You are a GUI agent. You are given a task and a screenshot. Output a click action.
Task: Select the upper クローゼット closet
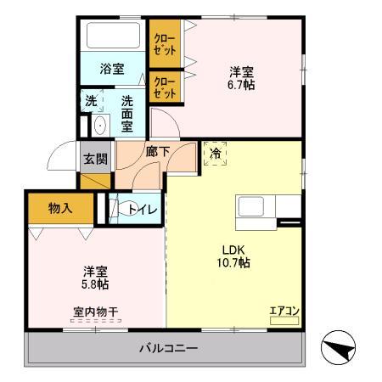pyautogui.click(x=164, y=42)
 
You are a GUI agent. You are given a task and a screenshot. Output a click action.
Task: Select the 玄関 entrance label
pyautogui.click(x=95, y=158)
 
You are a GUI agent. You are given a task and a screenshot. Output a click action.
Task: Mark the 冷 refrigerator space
pyautogui.click(x=215, y=154)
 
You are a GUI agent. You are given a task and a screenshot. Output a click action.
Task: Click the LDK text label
pyautogui.click(x=233, y=250)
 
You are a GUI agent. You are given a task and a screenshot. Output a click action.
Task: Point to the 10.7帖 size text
pyautogui.click(x=233, y=263)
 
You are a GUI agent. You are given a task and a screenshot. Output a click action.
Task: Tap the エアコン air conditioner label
pyautogui.click(x=283, y=310)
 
